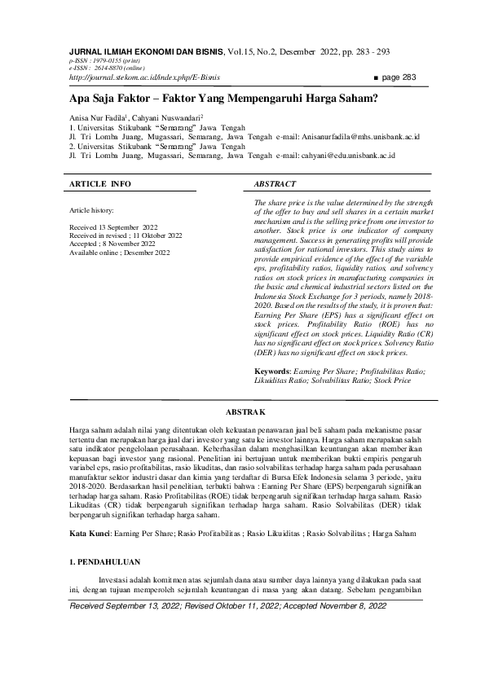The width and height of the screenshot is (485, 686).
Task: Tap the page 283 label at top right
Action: pos(399,77)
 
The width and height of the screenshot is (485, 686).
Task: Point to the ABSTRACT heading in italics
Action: pos(276,184)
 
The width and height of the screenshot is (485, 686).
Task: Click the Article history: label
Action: pos(92,209)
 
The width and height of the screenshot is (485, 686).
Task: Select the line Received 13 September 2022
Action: pos(114,229)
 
